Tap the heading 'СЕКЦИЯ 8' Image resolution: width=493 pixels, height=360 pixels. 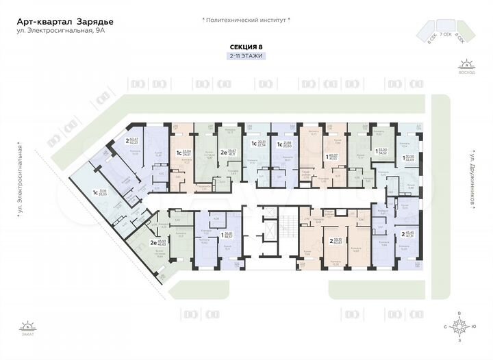[x=246, y=47]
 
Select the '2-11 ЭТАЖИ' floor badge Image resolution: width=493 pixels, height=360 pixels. [x=246, y=55]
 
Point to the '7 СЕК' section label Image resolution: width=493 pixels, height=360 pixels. [x=444, y=34]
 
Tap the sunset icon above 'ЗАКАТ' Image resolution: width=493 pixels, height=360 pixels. [x=26, y=326]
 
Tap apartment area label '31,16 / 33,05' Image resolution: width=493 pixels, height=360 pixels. [x=103, y=192]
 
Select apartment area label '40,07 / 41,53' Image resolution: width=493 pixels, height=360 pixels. [x=333, y=157]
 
